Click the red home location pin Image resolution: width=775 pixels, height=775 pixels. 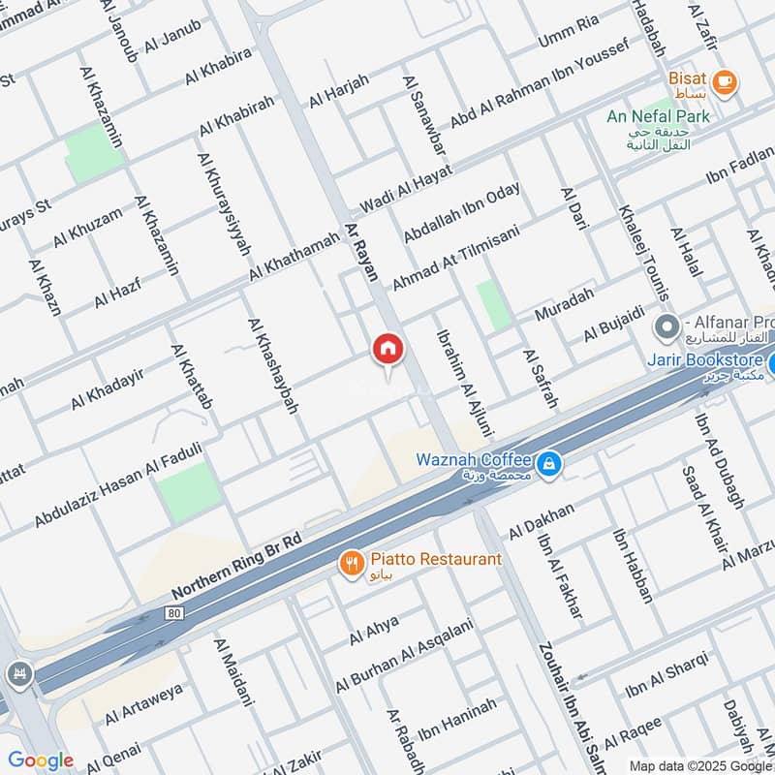[387, 349]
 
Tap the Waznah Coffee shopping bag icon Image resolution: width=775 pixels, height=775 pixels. [549, 466]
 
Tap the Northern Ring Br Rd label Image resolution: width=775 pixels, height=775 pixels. [237, 564]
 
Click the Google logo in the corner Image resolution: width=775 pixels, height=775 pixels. [40, 760]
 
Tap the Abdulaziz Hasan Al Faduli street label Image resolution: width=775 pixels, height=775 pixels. [118, 485]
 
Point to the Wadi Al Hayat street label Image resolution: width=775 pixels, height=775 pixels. [406, 190]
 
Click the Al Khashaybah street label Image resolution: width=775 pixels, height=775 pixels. [272, 366]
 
